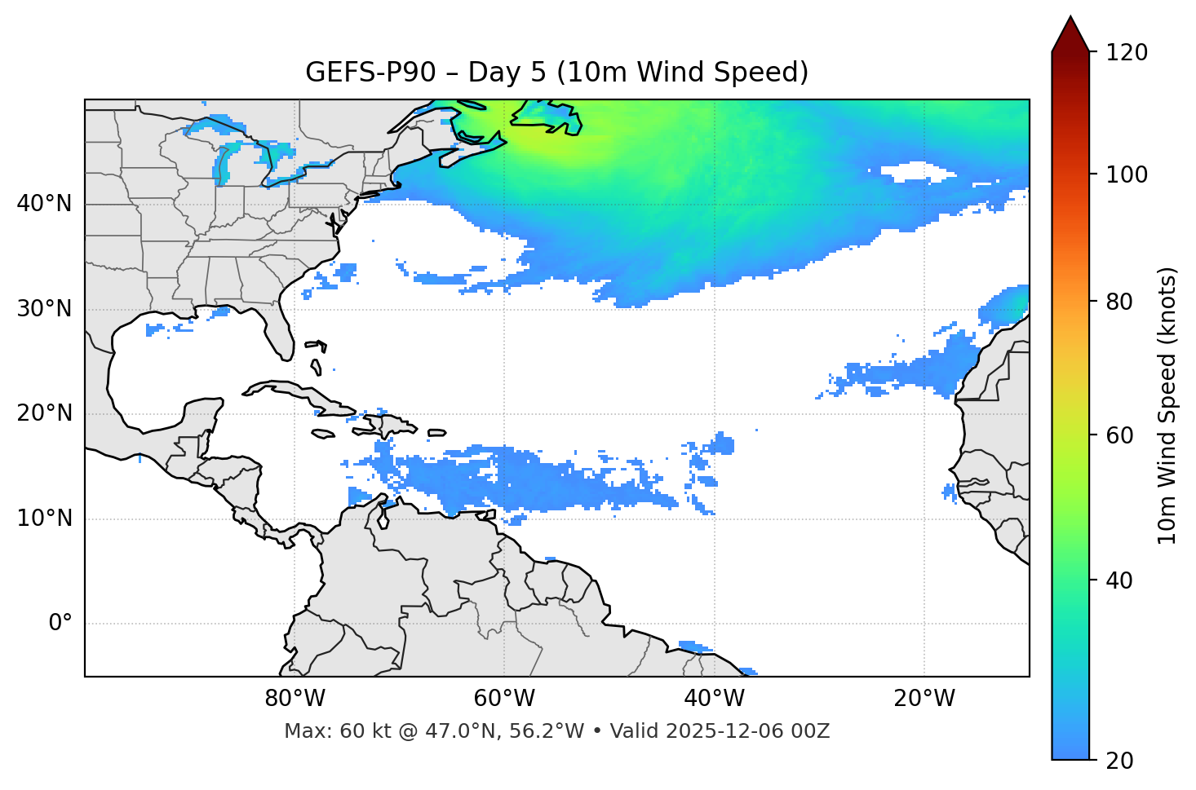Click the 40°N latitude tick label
tap(44, 204)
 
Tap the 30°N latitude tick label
tap(44, 309)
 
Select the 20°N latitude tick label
tap(44, 413)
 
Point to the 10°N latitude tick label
tap(44, 519)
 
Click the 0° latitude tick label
tap(60, 624)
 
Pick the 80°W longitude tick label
tap(295, 699)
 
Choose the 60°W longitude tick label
tap(504, 699)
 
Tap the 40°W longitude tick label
tap(715, 699)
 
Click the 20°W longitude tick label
tap(924, 699)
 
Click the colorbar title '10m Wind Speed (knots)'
tap(1167, 405)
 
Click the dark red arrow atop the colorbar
tap(1070, 34)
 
